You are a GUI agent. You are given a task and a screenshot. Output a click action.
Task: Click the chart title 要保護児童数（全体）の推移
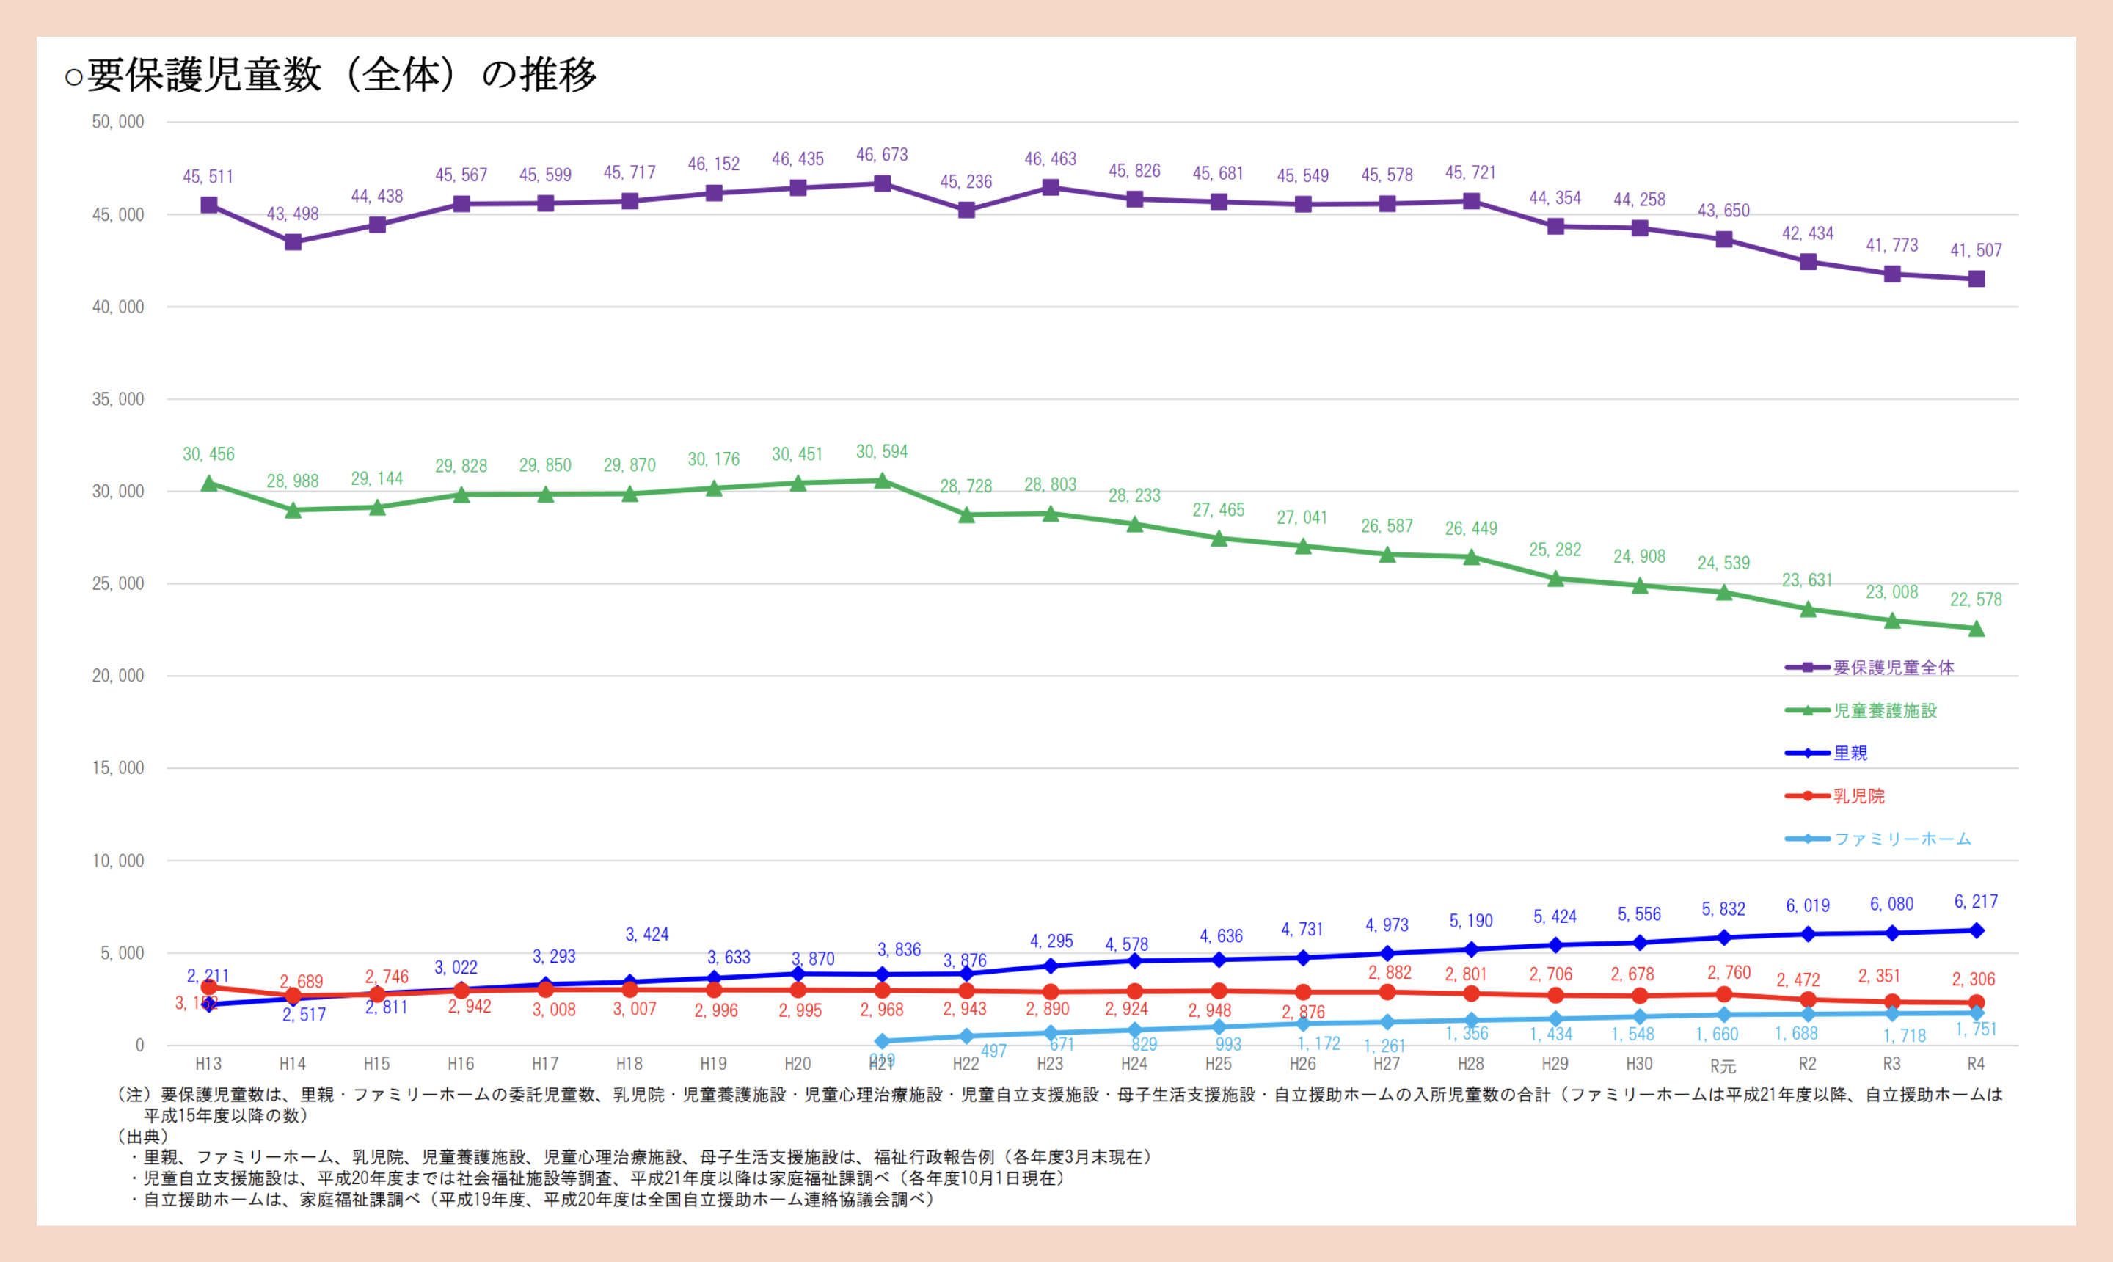(332, 75)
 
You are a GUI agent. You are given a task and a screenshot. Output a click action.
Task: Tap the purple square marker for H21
(883, 183)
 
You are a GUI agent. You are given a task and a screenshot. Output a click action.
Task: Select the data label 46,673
(882, 155)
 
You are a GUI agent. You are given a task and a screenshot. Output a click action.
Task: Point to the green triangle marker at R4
(1976, 630)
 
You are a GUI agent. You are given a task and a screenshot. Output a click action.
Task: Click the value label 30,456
(208, 454)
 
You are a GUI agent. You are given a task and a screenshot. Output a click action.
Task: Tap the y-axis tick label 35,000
(118, 399)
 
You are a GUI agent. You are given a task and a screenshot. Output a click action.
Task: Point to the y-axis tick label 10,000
(118, 861)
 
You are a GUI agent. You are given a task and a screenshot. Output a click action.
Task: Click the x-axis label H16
(461, 1064)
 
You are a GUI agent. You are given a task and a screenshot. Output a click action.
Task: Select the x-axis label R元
(1723, 1065)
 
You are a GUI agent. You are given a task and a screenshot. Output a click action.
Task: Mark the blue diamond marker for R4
(1976, 931)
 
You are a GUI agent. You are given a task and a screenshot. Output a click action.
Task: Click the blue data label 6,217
(1975, 902)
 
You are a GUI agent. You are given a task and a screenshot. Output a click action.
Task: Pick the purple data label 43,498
(293, 214)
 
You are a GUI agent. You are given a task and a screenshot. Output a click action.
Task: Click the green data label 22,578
(1975, 599)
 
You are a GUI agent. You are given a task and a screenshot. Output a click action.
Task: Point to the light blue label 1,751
(1975, 1030)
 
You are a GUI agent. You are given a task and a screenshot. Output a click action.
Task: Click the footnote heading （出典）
(143, 1136)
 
